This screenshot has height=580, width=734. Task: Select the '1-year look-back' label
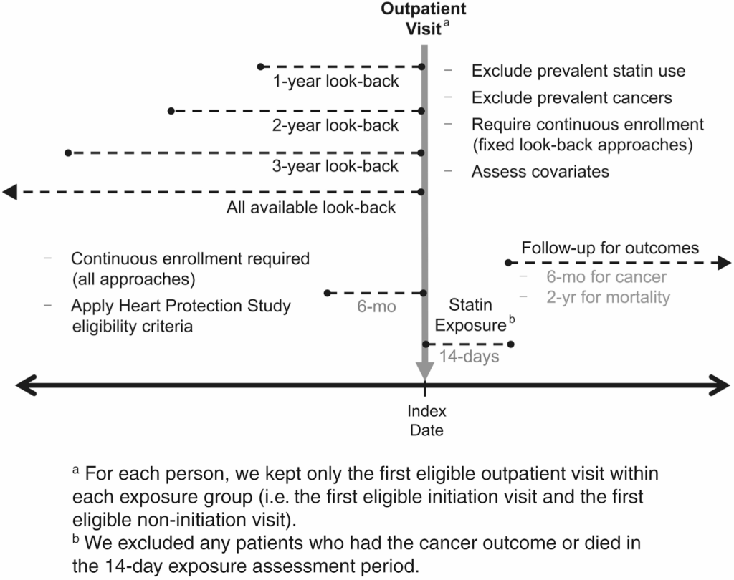[x=336, y=81]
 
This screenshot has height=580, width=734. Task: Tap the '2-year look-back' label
[x=336, y=125]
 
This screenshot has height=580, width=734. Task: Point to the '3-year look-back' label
[x=336, y=166]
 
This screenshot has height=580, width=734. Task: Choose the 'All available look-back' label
[x=311, y=208]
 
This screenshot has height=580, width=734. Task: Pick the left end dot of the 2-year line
[x=171, y=111]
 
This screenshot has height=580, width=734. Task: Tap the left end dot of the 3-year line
[x=67, y=153]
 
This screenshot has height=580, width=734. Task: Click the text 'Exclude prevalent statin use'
[x=578, y=71]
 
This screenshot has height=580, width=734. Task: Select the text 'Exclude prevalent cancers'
[x=571, y=97]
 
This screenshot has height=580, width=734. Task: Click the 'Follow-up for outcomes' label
[x=610, y=248]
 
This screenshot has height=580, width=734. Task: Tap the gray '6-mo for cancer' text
[x=606, y=277]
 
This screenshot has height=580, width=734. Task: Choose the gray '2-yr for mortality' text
[x=609, y=297]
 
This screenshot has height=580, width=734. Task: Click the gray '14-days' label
[x=470, y=357]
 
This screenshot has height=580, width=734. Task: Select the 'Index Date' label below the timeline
[x=426, y=420]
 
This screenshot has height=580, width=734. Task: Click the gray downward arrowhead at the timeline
[x=425, y=370]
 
